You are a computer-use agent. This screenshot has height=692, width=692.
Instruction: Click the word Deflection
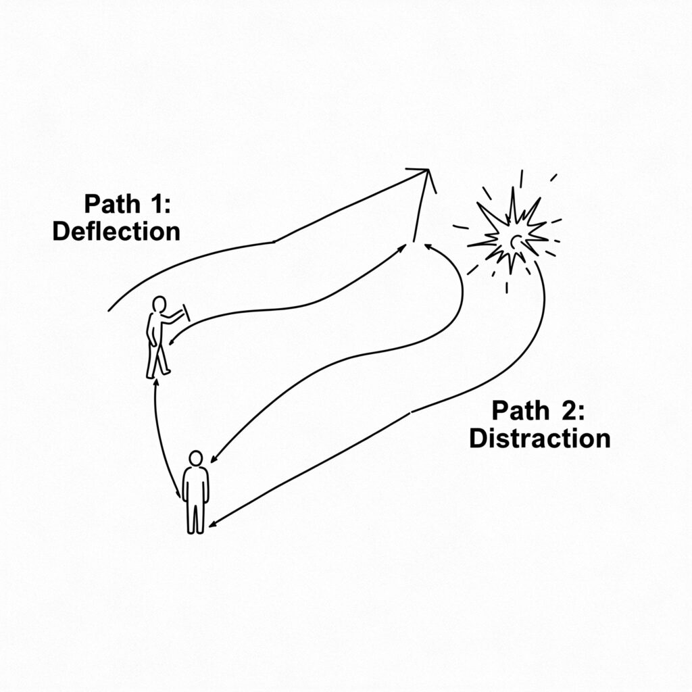coord(116,231)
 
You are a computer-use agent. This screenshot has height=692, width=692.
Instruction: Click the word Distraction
coord(540,438)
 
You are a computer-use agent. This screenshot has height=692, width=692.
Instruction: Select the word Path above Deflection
coord(112,204)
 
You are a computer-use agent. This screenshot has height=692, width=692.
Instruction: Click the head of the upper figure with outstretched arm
coord(159,304)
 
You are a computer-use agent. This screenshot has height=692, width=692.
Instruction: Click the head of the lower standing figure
coord(195,458)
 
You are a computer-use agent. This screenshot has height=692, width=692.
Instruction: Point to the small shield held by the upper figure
coord(187,312)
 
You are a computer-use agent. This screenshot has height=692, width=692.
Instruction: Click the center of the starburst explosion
coord(514,241)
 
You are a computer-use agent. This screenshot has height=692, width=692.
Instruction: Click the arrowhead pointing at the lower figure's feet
coord(212,524)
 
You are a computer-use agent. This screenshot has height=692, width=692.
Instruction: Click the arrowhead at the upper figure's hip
coord(172,341)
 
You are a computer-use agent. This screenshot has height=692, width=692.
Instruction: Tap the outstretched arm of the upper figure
coord(173,316)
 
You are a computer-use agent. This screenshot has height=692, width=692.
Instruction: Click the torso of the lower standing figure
coord(195,484)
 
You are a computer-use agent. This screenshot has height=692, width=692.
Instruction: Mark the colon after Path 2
coord(580,414)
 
